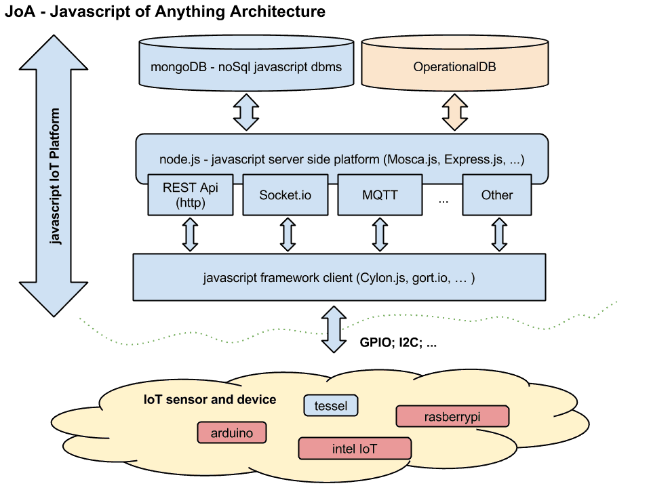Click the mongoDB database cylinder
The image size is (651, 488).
(245, 66)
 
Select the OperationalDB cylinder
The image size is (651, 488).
(454, 66)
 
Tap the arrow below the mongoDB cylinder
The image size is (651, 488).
(245, 112)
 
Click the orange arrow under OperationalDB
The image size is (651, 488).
(455, 112)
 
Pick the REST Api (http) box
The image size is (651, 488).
(190, 195)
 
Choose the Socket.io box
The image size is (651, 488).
(285, 195)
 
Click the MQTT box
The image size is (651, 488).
(380, 195)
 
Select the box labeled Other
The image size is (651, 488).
(496, 195)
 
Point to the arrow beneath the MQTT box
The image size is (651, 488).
(380, 234)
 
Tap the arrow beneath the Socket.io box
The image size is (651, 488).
(288, 234)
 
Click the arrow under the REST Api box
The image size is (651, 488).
(191, 234)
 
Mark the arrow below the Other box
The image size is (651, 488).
(500, 234)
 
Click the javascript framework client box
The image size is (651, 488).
(339, 277)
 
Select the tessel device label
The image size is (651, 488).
(331, 406)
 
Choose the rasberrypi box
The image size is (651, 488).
(452, 416)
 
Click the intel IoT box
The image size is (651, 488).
(355, 448)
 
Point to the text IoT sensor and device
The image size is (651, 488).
(210, 399)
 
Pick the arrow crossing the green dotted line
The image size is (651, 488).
(334, 329)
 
